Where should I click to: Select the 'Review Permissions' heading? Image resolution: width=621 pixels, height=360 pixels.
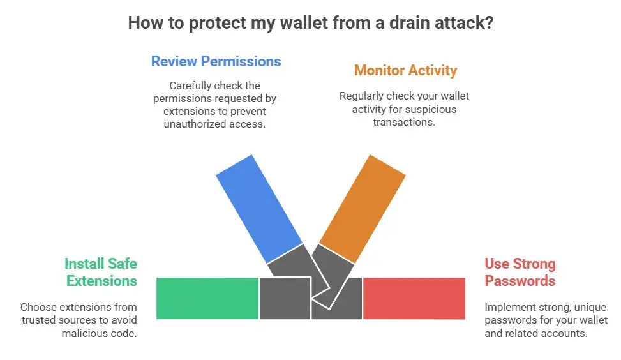pyautogui.click(x=216, y=61)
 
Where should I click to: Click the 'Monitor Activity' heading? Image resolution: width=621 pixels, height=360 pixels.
pyautogui.click(x=405, y=70)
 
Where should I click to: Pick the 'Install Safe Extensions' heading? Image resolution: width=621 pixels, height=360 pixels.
pyautogui.click(x=101, y=272)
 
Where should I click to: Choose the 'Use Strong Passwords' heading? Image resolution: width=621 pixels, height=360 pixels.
pyautogui.click(x=520, y=272)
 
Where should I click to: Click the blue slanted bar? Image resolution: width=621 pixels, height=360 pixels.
pyautogui.click(x=258, y=201)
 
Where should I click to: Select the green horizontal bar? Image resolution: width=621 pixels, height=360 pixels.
pyautogui.click(x=207, y=298)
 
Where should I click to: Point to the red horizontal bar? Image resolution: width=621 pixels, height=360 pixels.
pyautogui.click(x=414, y=298)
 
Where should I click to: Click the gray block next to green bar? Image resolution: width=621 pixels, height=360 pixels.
pyautogui.click(x=285, y=298)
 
